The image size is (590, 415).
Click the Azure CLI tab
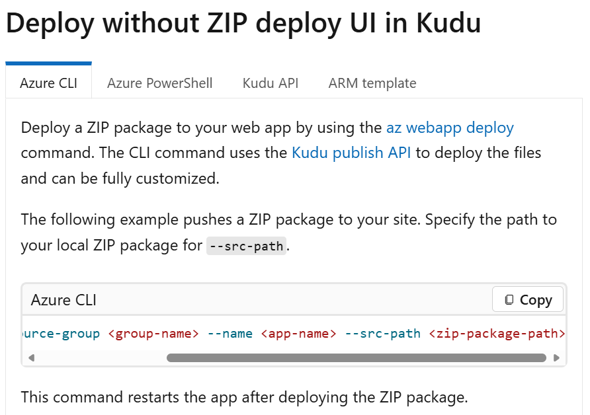pyautogui.click(x=48, y=83)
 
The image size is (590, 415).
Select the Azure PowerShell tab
pyautogui.click(x=160, y=83)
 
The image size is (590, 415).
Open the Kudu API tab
pyautogui.click(x=271, y=83)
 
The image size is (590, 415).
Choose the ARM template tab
pyautogui.click(x=372, y=83)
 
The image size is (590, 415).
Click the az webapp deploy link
pyautogui.click(x=450, y=128)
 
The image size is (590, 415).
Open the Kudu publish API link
pyautogui.click(x=351, y=153)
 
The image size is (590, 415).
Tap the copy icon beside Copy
pyautogui.click(x=509, y=300)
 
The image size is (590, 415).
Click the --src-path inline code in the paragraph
pyautogui.click(x=246, y=246)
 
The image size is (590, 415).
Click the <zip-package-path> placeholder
pyautogui.click(x=497, y=333)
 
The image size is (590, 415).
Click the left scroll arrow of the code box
pyautogui.click(x=30, y=358)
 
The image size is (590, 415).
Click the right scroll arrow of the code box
pyautogui.click(x=556, y=358)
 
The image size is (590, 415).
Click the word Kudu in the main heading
pyautogui.click(x=448, y=24)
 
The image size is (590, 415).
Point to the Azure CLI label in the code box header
pyautogui.click(x=63, y=300)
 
